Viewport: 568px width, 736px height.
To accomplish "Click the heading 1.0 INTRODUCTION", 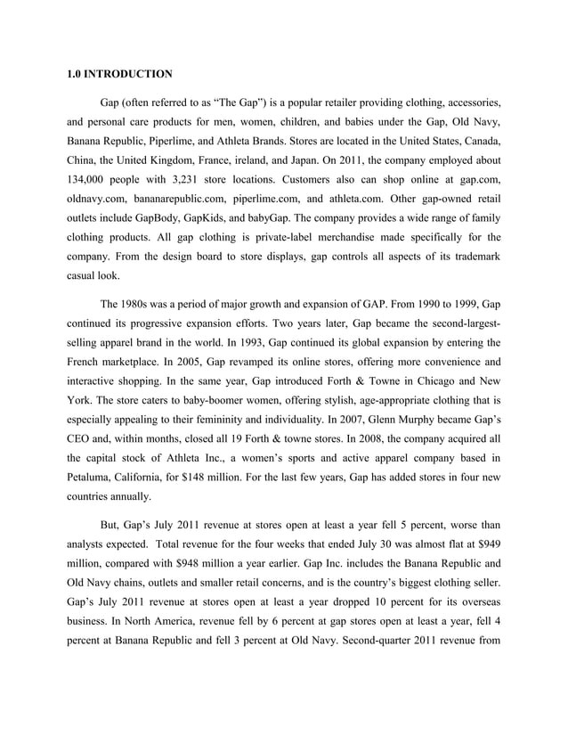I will (x=119, y=74).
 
